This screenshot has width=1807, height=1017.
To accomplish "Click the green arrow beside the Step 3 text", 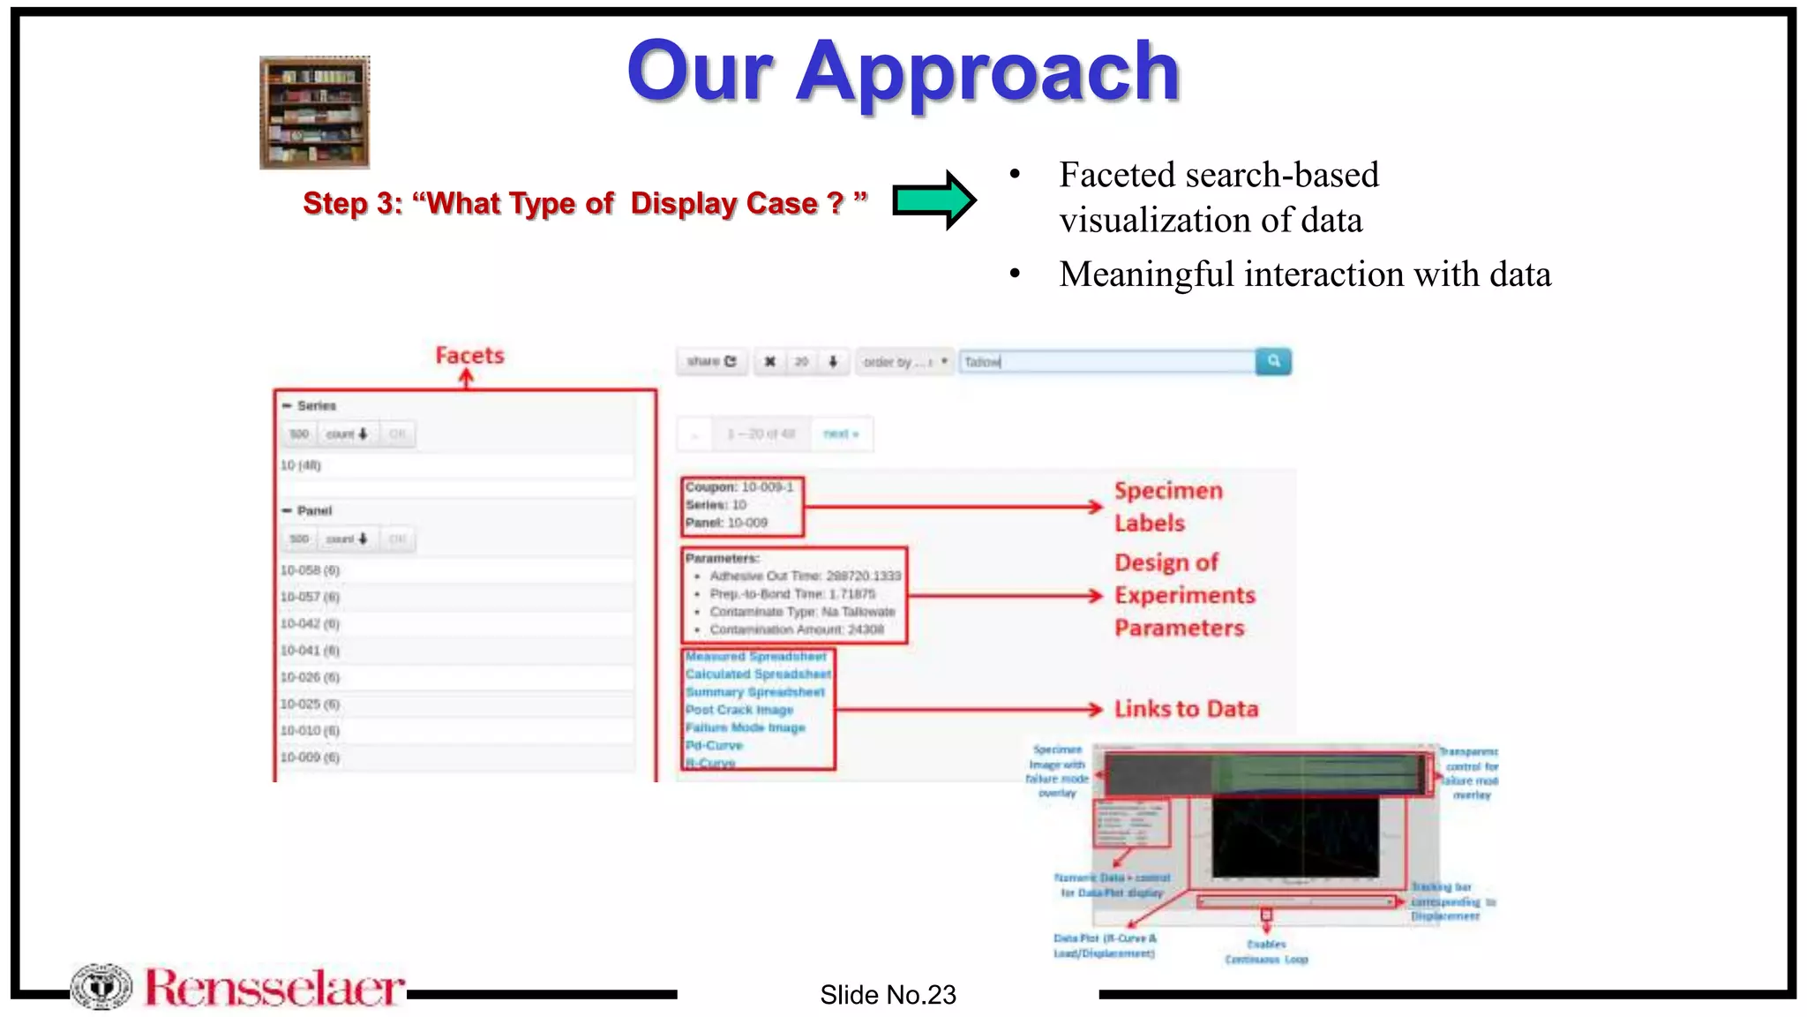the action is pyautogui.click(x=933, y=200).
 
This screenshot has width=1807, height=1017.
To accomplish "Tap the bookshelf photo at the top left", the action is pyautogui.click(x=315, y=112).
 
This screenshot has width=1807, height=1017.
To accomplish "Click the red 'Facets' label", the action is pyautogui.click(x=469, y=356).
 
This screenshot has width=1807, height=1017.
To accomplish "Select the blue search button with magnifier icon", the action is pyautogui.click(x=1273, y=361).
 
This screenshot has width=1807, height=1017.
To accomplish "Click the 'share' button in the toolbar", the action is pyautogui.click(x=711, y=362).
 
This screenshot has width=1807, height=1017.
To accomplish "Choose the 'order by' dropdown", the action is pyautogui.click(x=904, y=362).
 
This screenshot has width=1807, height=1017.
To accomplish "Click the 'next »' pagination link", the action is pyautogui.click(x=841, y=433).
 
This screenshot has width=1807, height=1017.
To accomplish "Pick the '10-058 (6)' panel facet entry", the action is pyautogui.click(x=311, y=570).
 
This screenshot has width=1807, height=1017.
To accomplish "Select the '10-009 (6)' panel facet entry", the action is pyautogui.click(x=311, y=757).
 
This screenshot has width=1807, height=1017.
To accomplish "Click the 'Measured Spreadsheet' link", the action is pyautogui.click(x=756, y=657).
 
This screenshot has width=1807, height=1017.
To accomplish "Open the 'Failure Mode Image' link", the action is pyautogui.click(x=746, y=727).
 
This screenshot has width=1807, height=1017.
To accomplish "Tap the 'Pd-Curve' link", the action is pyautogui.click(x=714, y=745).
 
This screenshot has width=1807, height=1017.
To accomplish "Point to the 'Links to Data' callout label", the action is pyautogui.click(x=1186, y=709).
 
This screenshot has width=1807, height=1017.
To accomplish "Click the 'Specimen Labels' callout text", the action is pyautogui.click(x=1167, y=507).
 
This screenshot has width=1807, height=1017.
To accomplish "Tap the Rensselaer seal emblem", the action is pyautogui.click(x=101, y=986).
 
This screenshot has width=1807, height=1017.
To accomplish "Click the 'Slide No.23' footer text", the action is pyautogui.click(x=888, y=995).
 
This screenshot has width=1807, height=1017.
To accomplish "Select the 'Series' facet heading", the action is pyautogui.click(x=316, y=406).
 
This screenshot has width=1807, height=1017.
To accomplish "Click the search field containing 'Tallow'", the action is pyautogui.click(x=1106, y=362).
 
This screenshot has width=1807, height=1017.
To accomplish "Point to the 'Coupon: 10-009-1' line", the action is pyautogui.click(x=739, y=486).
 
